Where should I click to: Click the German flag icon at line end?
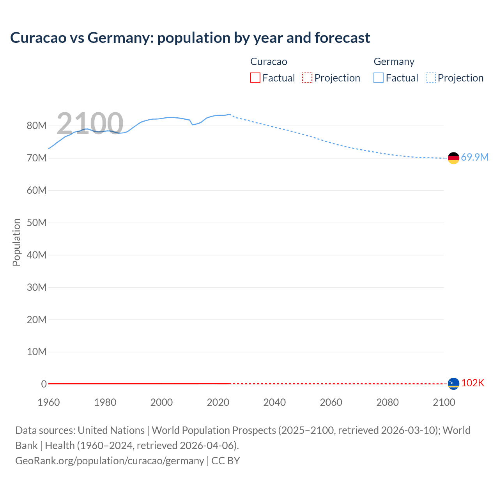point(453,158)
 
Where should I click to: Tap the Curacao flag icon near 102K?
point(453,384)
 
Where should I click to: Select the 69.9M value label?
point(474,157)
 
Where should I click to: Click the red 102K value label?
point(472,383)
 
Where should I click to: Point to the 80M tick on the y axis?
point(37,126)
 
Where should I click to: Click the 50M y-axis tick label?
point(37,223)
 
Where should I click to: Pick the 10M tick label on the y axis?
point(37,352)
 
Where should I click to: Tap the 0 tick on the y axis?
point(44,384)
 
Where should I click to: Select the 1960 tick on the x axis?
point(49,402)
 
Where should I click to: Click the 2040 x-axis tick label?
point(274,402)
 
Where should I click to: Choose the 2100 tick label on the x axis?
point(444,402)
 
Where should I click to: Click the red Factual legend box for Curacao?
point(255,78)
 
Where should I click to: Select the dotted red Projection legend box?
point(307,78)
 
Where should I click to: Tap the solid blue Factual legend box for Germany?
point(379,78)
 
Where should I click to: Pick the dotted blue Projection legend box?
point(430,78)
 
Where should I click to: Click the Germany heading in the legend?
point(394,62)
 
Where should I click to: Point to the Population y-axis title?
point(16,242)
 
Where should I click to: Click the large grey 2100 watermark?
point(90,123)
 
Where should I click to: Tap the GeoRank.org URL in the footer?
point(110,460)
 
